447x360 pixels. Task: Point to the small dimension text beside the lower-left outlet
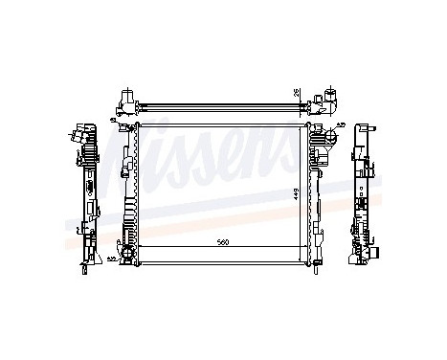111,259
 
